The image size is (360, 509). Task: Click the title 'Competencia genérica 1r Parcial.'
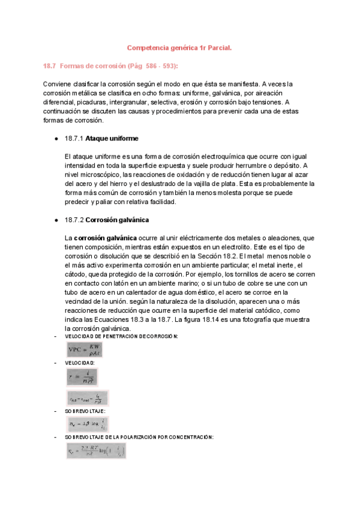coord(179,47)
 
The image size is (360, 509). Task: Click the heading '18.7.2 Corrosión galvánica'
coord(106,220)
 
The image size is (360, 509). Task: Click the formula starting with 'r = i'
coord(82,377)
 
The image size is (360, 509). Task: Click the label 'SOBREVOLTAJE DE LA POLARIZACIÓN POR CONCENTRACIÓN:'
coord(139,438)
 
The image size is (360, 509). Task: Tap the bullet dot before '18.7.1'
coord(56,139)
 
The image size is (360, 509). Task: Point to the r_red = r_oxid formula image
coord(87,397)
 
